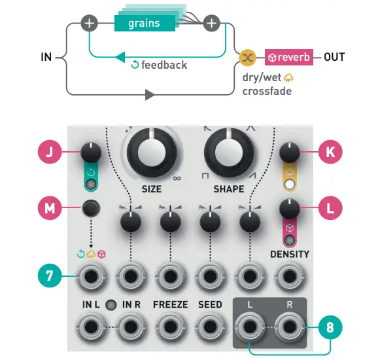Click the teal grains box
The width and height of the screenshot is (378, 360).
[145, 24]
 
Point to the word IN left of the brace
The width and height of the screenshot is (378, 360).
[46, 57]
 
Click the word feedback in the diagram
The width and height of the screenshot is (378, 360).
[163, 65]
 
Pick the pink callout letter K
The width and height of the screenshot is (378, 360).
[330, 152]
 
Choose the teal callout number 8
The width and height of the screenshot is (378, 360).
[330, 325]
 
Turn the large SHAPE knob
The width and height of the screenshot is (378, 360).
[229, 150]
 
